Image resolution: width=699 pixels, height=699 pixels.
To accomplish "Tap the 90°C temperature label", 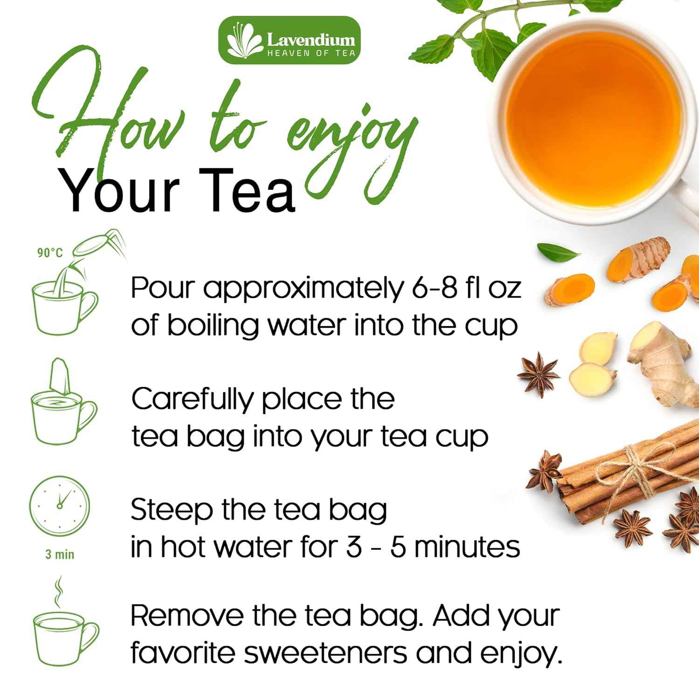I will [x=50, y=253].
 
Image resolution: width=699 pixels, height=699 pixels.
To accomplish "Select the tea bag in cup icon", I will [x=63, y=403].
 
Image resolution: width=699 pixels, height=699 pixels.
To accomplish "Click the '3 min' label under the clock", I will [x=60, y=555].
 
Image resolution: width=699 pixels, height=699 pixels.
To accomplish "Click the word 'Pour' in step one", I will [x=161, y=288].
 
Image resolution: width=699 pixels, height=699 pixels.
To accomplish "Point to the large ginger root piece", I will [x=657, y=359].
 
